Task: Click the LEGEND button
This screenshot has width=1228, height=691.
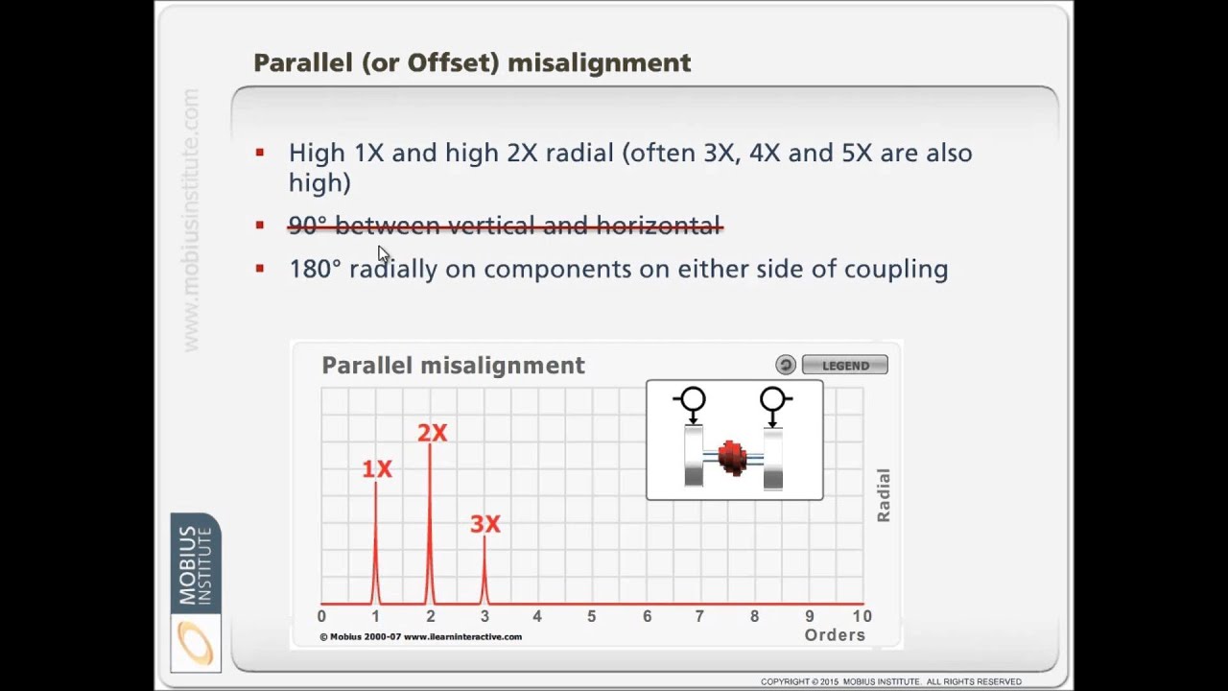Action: [x=844, y=365]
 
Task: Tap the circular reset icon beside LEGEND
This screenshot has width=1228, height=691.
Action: [x=786, y=365]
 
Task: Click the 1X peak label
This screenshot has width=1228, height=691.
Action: [x=377, y=469]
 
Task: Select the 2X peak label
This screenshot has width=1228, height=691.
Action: [x=432, y=434]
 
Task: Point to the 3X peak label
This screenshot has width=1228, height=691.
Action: [x=485, y=524]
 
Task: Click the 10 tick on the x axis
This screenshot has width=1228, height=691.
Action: [x=862, y=616]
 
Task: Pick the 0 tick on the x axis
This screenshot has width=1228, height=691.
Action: [x=321, y=616]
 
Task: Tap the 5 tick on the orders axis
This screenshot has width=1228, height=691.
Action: [x=592, y=616]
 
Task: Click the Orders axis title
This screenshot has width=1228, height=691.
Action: [x=835, y=635]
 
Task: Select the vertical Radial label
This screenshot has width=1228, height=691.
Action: [x=884, y=495]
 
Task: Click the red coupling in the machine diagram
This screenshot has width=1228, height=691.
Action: [x=732, y=458]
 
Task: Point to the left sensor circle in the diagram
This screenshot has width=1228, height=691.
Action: [x=690, y=399]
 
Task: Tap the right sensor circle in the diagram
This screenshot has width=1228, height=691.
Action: [x=773, y=399]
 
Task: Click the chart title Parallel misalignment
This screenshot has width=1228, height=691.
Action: [x=453, y=366]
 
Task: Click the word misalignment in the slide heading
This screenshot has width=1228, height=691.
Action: [x=599, y=63]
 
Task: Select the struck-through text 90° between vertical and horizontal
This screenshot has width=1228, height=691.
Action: [x=505, y=226]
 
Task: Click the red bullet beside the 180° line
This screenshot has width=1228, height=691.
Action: [x=260, y=269]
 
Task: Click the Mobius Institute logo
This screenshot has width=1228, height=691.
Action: [x=196, y=592]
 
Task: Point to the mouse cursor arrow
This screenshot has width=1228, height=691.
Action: [x=383, y=254]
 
